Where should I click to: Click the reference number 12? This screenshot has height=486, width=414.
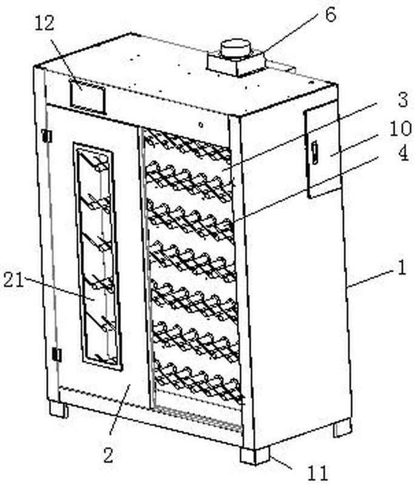(45, 24)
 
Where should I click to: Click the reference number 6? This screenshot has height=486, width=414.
(330, 15)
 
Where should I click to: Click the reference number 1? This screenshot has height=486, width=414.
(401, 269)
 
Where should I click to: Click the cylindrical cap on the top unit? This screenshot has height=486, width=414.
(236, 48)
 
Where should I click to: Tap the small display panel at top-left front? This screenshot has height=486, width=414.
(87, 95)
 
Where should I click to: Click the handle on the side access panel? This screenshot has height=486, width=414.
(315, 152)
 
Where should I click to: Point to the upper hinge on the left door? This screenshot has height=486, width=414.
(46, 136)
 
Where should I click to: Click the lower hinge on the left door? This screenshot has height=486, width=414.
(56, 355)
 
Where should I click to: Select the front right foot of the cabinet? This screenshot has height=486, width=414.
(254, 455)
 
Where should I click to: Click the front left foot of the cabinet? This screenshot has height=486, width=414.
(59, 409)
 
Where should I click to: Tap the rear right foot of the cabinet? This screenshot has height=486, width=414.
(342, 428)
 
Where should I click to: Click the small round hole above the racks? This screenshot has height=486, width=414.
(202, 125)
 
